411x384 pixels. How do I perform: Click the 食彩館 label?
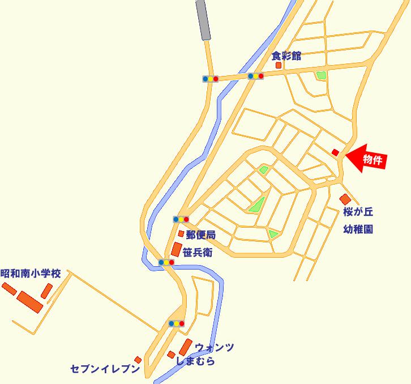click(x=286, y=56)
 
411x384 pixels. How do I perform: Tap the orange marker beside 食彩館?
click(x=279, y=66)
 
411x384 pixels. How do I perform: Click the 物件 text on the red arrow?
click(x=373, y=160)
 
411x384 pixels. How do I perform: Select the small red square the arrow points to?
click(x=335, y=152)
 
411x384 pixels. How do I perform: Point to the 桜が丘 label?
click(x=358, y=213)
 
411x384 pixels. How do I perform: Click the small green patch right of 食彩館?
click(x=322, y=75)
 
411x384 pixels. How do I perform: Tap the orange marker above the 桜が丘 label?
click(x=345, y=199)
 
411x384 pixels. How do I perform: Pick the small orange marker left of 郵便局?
click(x=181, y=233)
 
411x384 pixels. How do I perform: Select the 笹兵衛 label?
click(x=197, y=253)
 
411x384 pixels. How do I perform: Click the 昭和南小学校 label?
click(x=30, y=273)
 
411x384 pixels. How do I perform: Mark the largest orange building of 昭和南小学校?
click(x=29, y=301)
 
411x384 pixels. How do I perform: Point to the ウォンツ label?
click(x=214, y=347)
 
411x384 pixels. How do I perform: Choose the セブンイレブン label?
click(x=105, y=369)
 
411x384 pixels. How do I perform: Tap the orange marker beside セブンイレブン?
click(x=138, y=360)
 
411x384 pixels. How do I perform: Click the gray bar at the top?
click(x=203, y=20)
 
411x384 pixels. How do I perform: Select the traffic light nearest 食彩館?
click(x=256, y=76)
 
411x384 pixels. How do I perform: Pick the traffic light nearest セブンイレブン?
click(x=176, y=323)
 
